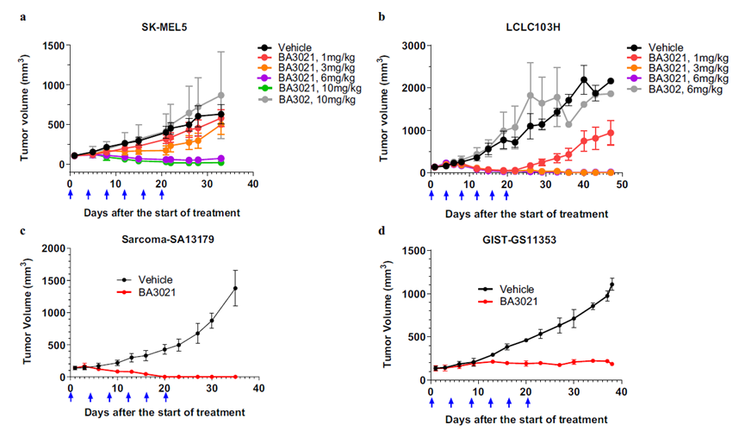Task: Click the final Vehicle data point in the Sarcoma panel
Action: tap(235, 289)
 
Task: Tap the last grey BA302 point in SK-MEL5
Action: tap(221, 96)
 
